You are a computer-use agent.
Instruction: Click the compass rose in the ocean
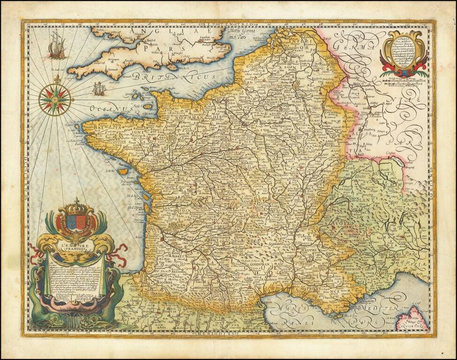coord(55,99)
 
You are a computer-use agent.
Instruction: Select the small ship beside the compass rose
coord(99,88)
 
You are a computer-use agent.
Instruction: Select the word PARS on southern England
coord(154,48)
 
